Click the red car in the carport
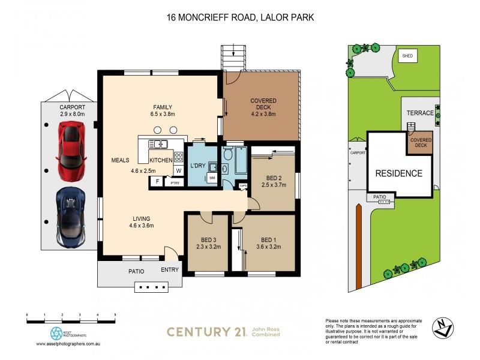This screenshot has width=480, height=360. point(70,146)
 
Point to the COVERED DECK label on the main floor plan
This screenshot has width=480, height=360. point(263,104)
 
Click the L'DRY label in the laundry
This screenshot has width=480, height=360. point(199,165)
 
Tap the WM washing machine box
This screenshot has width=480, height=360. point(212,177)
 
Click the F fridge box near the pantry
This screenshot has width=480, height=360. point(157,181)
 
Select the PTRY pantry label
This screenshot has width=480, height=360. point(175,182)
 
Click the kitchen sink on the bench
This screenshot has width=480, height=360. point(161,143)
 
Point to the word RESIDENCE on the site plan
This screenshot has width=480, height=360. point(399,173)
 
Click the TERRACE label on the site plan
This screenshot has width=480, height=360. point(419,113)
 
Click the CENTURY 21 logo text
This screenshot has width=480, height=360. point(207,331)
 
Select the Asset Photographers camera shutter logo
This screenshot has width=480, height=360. point(56,333)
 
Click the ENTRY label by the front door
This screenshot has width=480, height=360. point(170,270)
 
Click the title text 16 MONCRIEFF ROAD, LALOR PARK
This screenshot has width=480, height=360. point(240,18)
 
